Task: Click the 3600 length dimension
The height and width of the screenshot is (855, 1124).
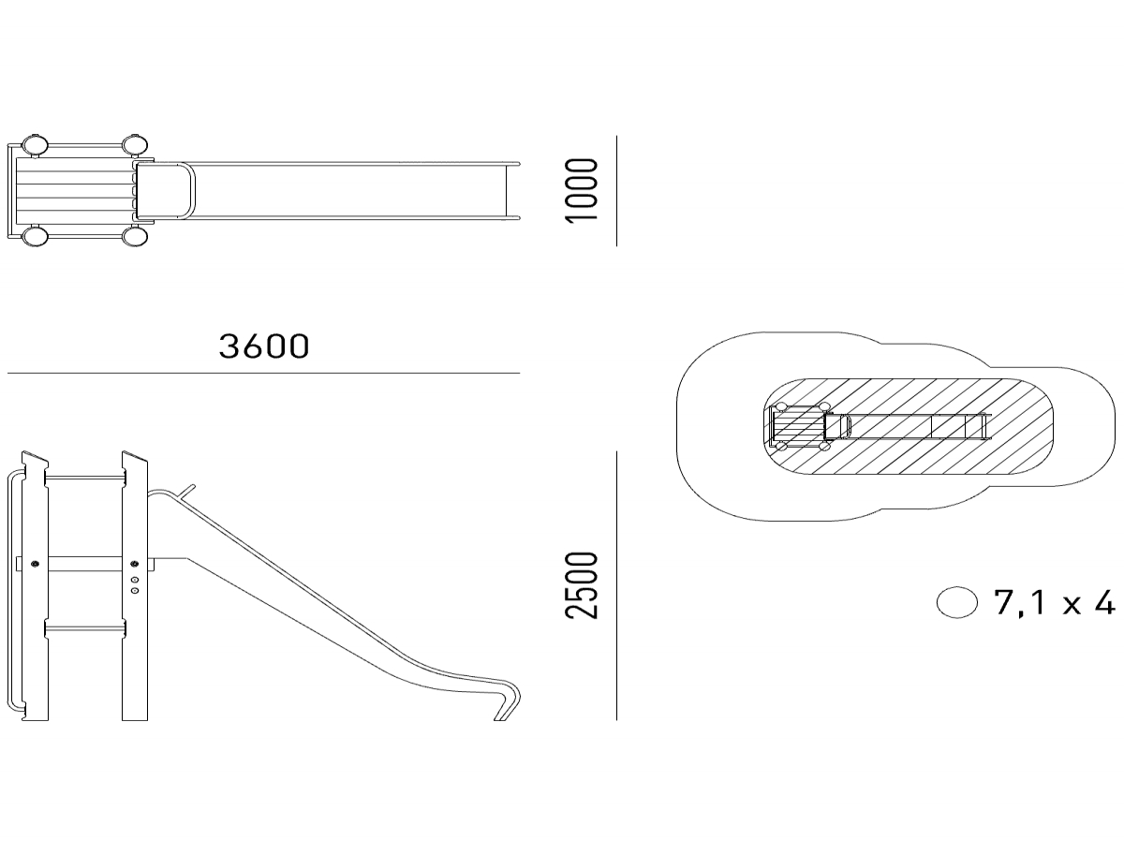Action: pos(264,346)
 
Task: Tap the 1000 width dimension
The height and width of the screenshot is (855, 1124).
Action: pos(581,190)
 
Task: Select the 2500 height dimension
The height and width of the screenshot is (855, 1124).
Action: pos(581,585)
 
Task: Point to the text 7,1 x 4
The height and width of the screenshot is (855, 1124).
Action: pos(1054,602)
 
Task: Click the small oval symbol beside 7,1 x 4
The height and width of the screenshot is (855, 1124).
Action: pos(956,602)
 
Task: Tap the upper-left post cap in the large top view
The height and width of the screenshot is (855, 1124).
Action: pos(35,145)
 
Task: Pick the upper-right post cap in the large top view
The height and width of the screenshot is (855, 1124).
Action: pos(135,145)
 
